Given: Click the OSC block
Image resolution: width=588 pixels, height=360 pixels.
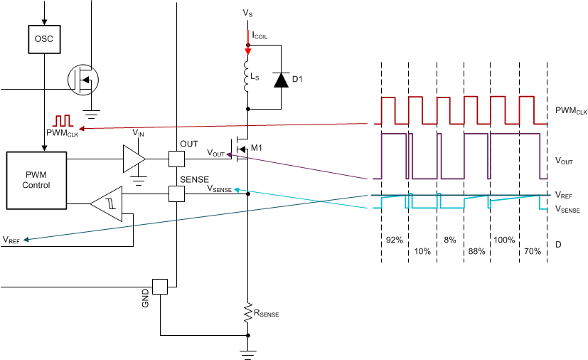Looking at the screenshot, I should pyautogui.click(x=43, y=40).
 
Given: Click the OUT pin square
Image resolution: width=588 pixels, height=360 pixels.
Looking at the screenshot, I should pyautogui.click(x=176, y=158).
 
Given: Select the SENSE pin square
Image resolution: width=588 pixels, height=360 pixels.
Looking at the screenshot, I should pyautogui.click(x=176, y=192).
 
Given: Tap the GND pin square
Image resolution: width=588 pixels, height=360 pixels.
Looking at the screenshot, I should pyautogui.click(x=160, y=286).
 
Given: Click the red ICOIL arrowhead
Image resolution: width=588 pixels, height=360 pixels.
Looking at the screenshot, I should pyautogui.click(x=247, y=49).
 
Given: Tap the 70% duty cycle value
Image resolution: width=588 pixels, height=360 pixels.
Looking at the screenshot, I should pyautogui.click(x=531, y=251).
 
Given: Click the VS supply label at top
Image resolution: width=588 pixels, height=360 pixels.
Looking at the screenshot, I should pyautogui.click(x=247, y=14).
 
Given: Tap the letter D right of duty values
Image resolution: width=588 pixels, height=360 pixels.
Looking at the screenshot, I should pyautogui.click(x=558, y=245).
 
